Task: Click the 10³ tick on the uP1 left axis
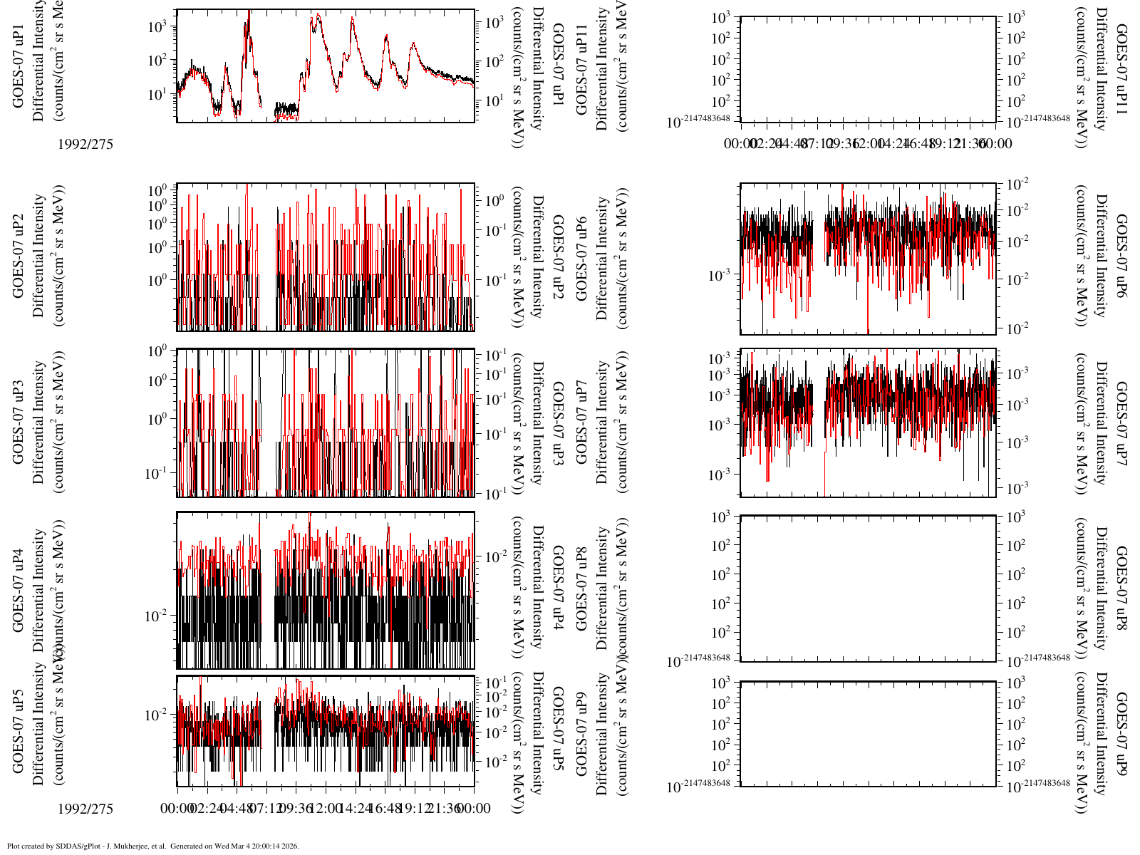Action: [x=157, y=26]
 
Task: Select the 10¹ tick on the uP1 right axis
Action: [x=494, y=101]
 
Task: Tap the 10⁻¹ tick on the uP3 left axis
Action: [x=157, y=472]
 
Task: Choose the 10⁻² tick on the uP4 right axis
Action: [x=497, y=556]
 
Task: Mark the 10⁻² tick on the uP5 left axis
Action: [x=157, y=714]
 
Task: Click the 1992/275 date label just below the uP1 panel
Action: [x=85, y=144]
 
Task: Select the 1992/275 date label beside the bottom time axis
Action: [x=85, y=809]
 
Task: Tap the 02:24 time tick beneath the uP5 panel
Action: [x=207, y=809]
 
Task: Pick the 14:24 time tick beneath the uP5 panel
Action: [x=356, y=809]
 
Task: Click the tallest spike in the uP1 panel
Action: [x=248, y=12]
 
